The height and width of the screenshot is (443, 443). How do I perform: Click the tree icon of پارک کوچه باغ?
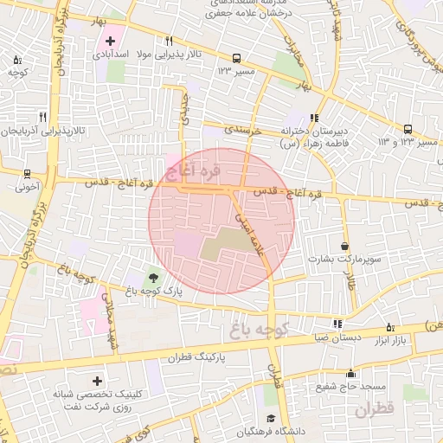click(x=153, y=278)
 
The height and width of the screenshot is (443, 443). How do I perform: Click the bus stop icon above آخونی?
click(x=27, y=173)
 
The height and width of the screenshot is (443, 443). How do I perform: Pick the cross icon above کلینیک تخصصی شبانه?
click(x=97, y=381)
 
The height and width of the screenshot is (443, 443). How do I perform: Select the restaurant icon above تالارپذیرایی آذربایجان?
click(x=42, y=117)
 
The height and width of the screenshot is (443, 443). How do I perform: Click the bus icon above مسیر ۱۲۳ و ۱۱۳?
click(x=408, y=129)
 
